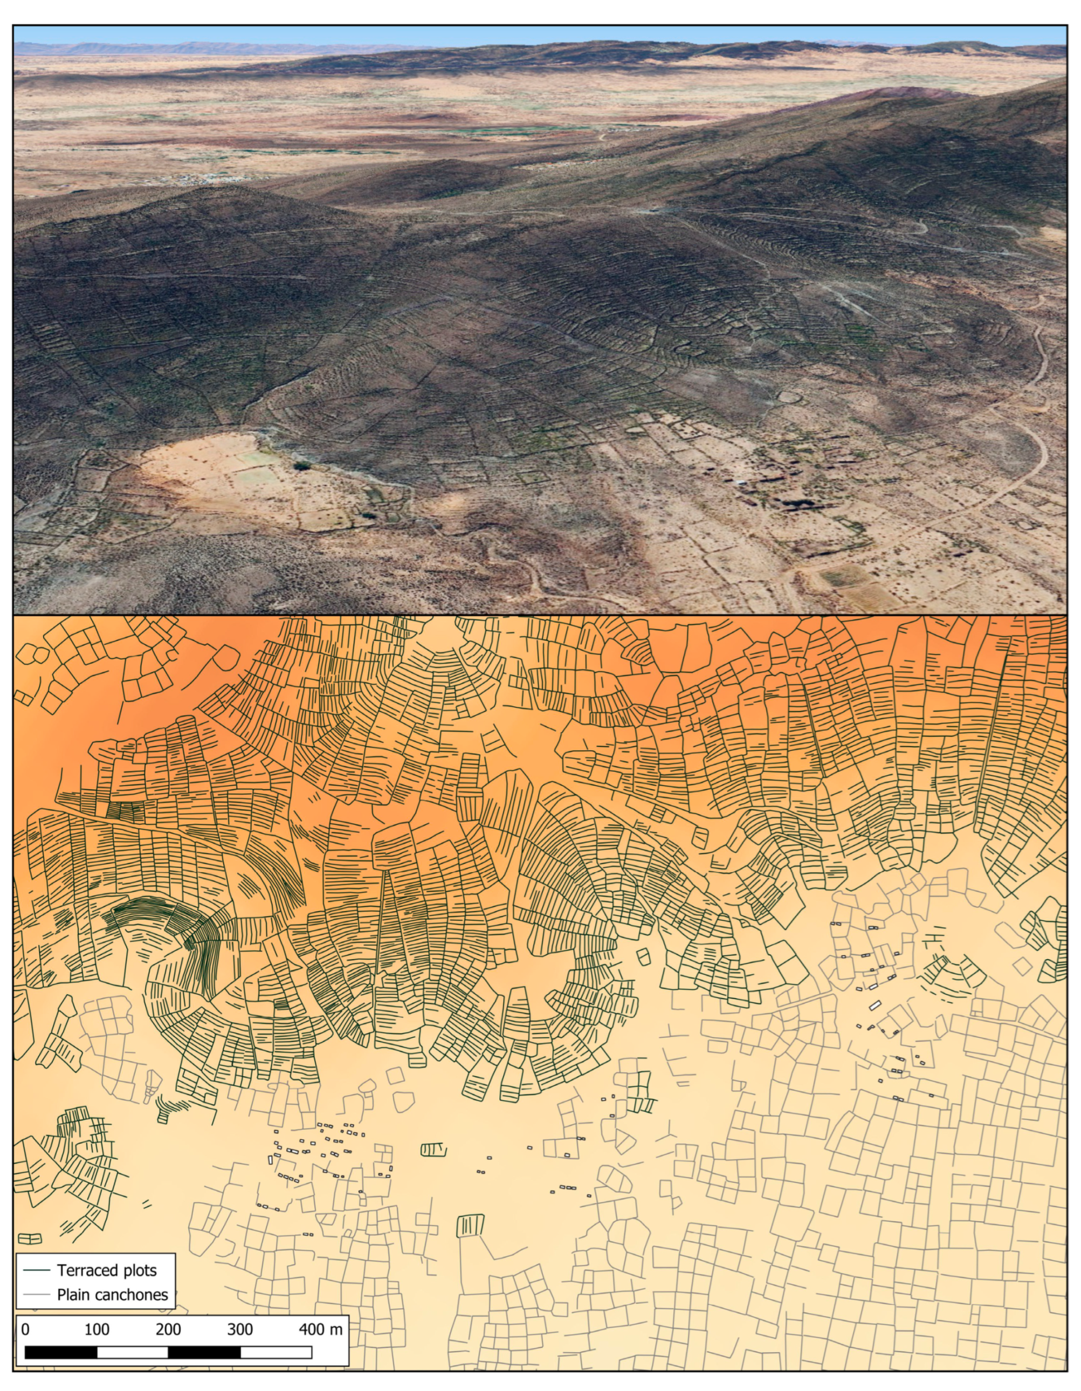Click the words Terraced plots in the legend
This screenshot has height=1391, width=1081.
106,1270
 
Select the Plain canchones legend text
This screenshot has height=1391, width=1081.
112,1294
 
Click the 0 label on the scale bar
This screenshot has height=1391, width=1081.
25,1329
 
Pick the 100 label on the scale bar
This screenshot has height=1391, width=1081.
97,1329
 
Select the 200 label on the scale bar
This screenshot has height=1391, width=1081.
168,1329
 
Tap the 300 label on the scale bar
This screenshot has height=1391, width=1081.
240,1329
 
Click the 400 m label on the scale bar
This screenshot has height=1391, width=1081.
320,1329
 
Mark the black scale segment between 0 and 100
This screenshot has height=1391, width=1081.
61,1352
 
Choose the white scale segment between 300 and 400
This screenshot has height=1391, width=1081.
276,1352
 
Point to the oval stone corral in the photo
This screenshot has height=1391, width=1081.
789,397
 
